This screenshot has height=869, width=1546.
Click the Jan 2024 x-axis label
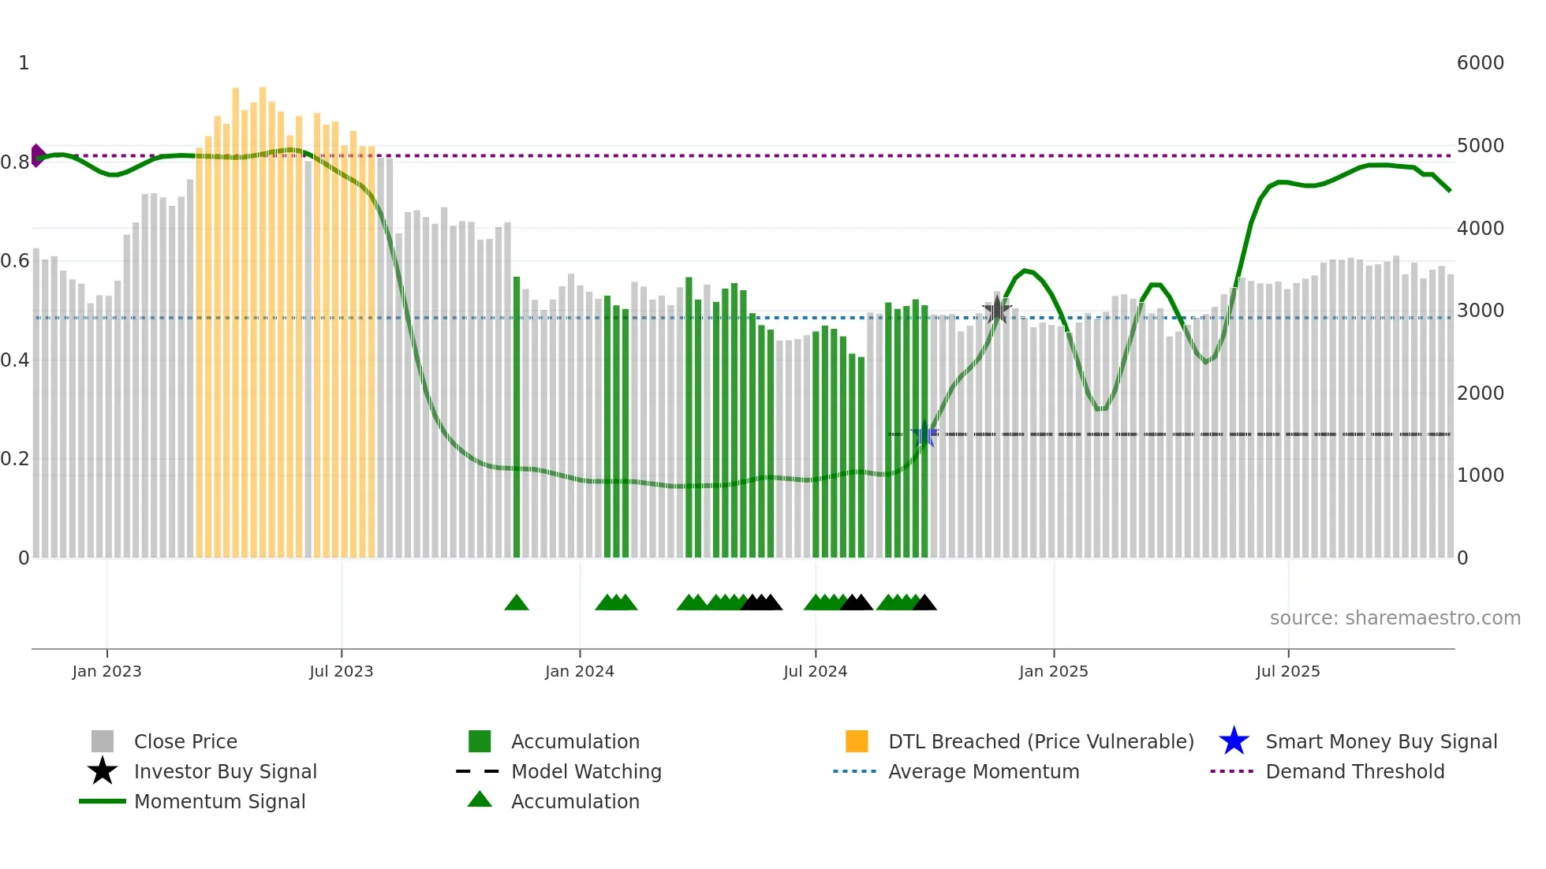click(579, 671)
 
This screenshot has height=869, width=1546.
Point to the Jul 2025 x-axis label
click(1287, 671)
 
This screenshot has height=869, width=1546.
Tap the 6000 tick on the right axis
click(1480, 63)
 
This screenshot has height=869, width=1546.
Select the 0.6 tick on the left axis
click(15, 261)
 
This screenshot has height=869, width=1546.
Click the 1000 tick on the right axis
click(1480, 476)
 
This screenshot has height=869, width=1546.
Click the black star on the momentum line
click(997, 310)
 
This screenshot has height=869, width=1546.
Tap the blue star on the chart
click(924, 434)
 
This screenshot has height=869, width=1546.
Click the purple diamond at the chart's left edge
click(37, 155)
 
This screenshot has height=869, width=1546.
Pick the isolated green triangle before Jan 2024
click(517, 602)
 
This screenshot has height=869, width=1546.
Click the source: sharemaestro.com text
click(1395, 618)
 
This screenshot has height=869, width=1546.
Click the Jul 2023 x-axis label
click(341, 671)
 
